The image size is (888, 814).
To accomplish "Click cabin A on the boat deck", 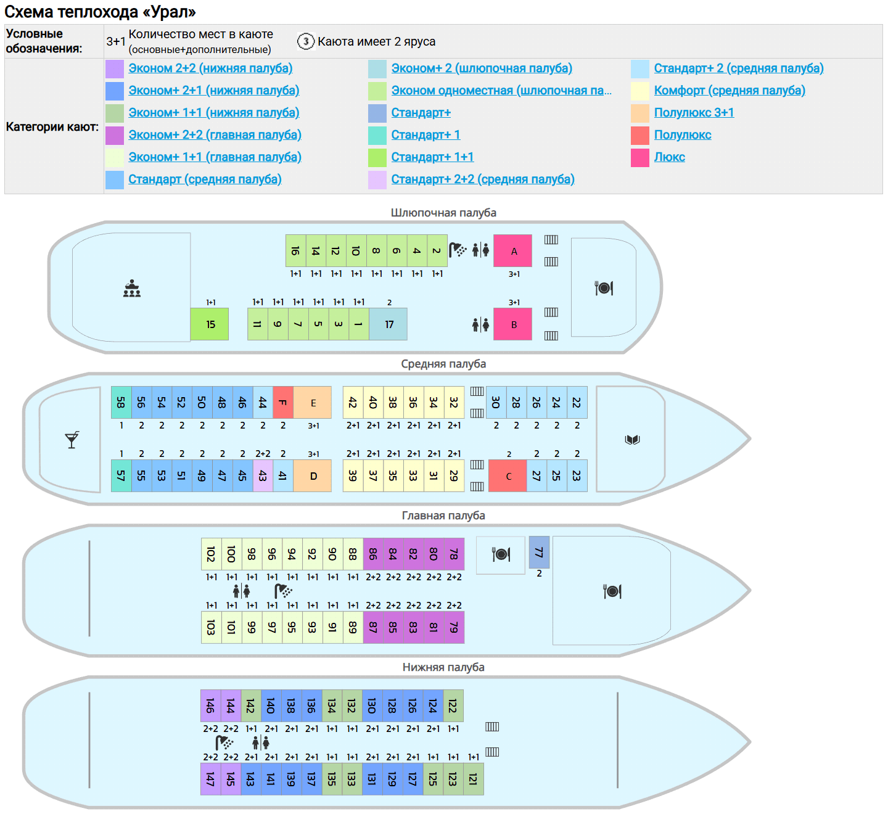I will click(x=512, y=251).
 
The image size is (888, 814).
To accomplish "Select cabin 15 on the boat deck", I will click(x=210, y=324).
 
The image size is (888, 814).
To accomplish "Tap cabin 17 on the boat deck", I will click(x=388, y=324).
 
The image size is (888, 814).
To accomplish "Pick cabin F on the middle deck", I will click(x=283, y=403).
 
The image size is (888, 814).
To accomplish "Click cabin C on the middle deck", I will click(x=508, y=476).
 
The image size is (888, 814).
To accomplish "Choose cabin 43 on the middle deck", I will click(x=263, y=476).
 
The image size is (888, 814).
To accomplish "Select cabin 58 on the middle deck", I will click(x=121, y=403).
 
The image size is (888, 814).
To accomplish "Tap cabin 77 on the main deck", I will click(x=539, y=553).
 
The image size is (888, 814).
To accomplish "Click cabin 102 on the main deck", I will click(x=211, y=554).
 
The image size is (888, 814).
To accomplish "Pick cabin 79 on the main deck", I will click(x=454, y=627).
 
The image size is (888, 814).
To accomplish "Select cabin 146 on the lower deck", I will click(x=210, y=705).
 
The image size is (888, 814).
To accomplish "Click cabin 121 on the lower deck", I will click(x=473, y=779).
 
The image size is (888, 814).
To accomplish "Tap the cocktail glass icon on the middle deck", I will click(x=72, y=440).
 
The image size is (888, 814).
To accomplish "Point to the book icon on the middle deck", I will click(x=632, y=440).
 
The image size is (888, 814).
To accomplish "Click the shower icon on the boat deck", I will click(x=458, y=250).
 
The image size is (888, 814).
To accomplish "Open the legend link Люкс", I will click(x=669, y=157).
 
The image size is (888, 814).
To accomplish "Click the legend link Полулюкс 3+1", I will click(x=694, y=113).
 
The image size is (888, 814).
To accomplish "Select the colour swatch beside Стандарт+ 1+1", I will click(x=377, y=158).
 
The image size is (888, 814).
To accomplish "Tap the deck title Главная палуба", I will click(x=443, y=516).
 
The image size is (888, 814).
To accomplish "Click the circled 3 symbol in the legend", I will click(x=306, y=41).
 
